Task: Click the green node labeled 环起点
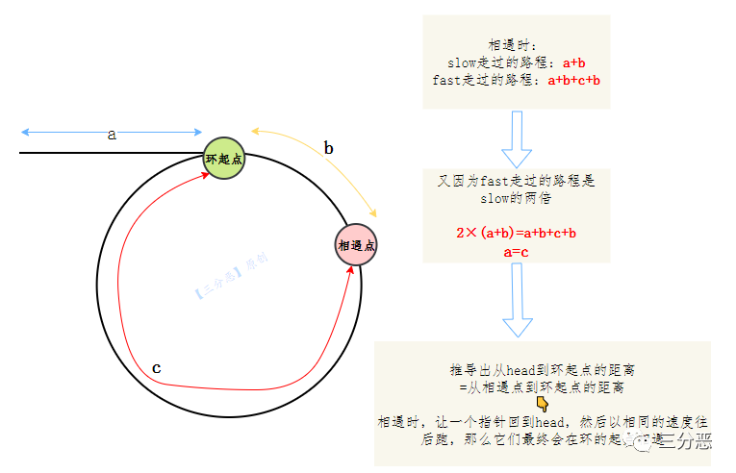224,158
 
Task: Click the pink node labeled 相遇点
356,246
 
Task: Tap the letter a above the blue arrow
112,136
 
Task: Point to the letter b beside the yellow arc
328,148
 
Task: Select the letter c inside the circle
157,368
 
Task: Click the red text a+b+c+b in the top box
574,80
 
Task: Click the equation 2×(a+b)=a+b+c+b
517,233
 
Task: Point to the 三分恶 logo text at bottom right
688,441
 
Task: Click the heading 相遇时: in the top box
517,45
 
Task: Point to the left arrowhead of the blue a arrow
23,132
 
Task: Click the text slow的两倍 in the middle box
517,198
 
